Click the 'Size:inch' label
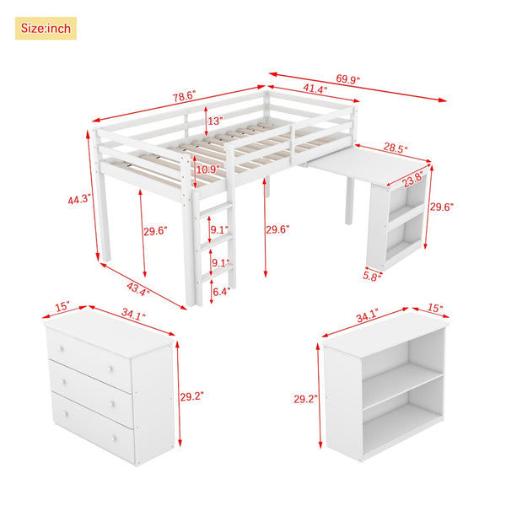pyautogui.click(x=46, y=29)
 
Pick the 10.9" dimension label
pyautogui.click(x=207, y=170)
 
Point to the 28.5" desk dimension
pyautogui.click(x=392, y=148)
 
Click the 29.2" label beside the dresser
pyautogui.click(x=192, y=396)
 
